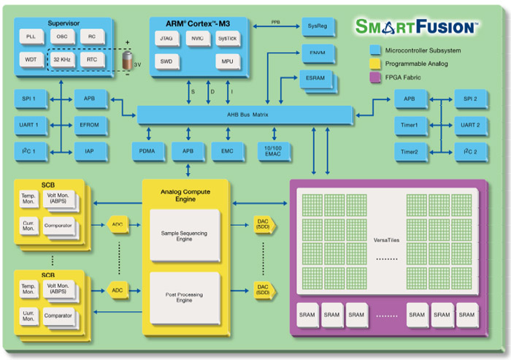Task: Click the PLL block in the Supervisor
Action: [x=31, y=36]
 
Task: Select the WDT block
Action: [x=31, y=59]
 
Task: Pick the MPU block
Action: [x=227, y=61]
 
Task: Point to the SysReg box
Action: [x=318, y=27]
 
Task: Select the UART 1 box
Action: [x=31, y=125]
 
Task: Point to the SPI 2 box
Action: [x=470, y=99]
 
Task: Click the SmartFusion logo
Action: [x=416, y=27]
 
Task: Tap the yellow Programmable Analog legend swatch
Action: [x=374, y=63]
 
